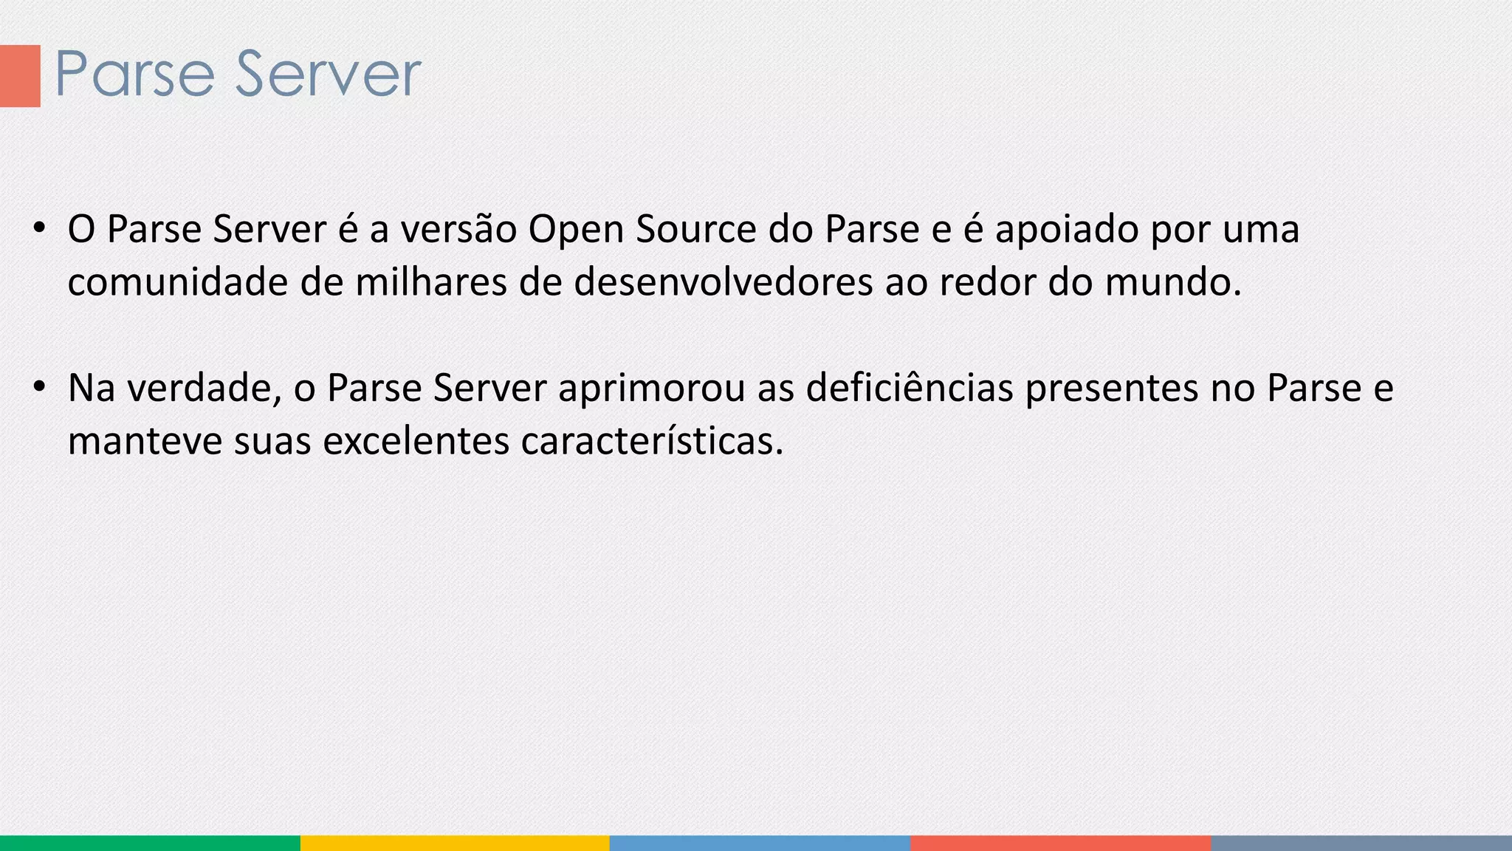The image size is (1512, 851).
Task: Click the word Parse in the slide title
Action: tap(134, 74)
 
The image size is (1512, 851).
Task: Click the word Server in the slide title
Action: tap(328, 74)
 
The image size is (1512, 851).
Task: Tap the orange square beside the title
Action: tap(20, 75)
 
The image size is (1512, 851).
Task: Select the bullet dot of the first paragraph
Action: tap(40, 227)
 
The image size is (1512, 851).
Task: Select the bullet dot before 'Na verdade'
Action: tap(40, 386)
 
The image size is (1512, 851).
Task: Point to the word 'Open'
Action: tap(575, 230)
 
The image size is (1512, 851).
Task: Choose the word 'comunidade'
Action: tap(177, 282)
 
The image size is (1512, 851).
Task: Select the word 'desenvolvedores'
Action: tap(724, 282)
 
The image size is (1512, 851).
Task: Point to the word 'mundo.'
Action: tap(1174, 282)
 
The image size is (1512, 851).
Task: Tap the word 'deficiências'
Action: tap(910, 388)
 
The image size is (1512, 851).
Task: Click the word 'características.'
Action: tap(652, 441)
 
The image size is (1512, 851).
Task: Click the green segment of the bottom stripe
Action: tap(150, 843)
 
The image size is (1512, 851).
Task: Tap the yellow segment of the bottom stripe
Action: tap(455, 843)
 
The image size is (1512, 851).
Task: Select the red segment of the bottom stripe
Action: tap(1061, 843)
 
